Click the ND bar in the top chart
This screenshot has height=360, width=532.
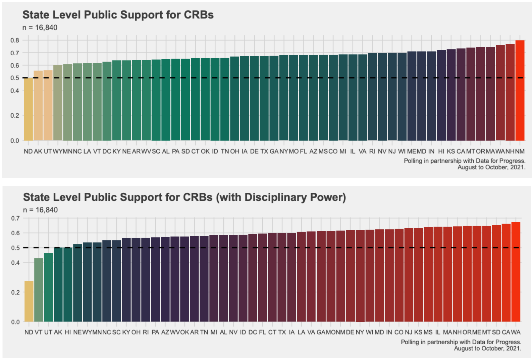pos(28,109)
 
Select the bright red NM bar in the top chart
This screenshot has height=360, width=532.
pos(520,91)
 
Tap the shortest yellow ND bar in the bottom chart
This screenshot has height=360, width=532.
pos(29,301)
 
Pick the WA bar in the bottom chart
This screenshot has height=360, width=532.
pos(516,272)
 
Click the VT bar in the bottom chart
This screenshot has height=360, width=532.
pos(39,290)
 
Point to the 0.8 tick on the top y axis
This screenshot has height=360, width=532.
pos(14,41)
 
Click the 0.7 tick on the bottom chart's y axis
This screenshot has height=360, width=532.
pos(15,218)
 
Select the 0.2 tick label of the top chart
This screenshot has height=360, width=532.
pos(14,116)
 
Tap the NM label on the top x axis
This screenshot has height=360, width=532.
pos(520,152)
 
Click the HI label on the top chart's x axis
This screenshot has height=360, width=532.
pos(441,152)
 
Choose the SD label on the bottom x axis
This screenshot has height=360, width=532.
pos(496,332)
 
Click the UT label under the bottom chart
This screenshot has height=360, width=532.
pos(48,332)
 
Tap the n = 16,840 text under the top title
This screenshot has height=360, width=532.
pos(40,28)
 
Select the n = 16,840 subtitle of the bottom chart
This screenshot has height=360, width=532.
pos(40,210)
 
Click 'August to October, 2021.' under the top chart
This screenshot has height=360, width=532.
pos(491,167)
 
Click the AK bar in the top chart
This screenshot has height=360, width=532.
pos(38,106)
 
